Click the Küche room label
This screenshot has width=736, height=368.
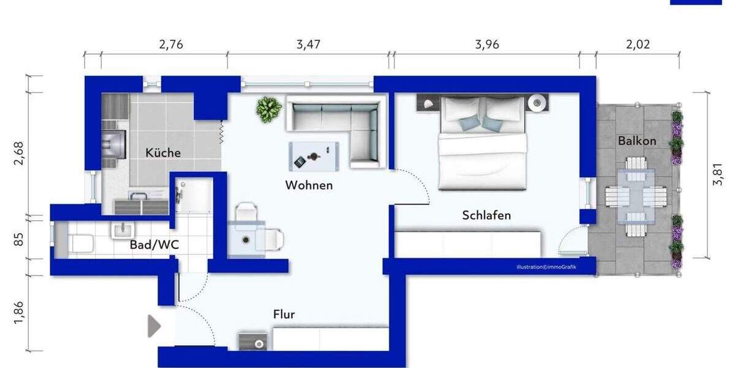click(x=163, y=153)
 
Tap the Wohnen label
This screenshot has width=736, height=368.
click(x=309, y=185)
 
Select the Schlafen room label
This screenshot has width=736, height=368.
click(x=486, y=215)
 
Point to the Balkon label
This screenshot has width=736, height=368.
click(x=637, y=140)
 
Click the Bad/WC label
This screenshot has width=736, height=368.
click(x=154, y=245)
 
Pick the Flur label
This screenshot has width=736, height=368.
click(x=284, y=315)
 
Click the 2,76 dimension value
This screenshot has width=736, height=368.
click(x=171, y=44)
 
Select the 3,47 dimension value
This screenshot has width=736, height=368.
click(x=309, y=44)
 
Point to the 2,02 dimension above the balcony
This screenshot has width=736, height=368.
click(x=638, y=44)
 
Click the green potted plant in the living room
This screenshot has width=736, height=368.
click(x=269, y=109)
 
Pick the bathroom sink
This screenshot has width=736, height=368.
click(x=123, y=230)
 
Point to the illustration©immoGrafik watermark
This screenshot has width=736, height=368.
click(x=546, y=267)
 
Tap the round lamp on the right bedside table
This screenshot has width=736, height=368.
click(x=539, y=102)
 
